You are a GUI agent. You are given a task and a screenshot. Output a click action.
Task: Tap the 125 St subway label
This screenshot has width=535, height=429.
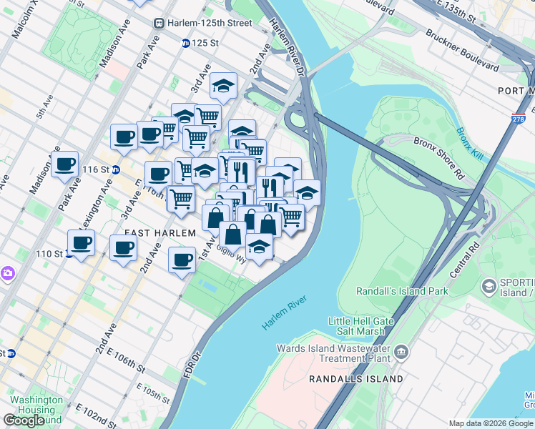click(204, 43)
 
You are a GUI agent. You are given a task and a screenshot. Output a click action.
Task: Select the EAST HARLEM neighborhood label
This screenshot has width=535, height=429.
click(160, 233)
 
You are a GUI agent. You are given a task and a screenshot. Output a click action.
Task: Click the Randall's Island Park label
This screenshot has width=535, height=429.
click(403, 291)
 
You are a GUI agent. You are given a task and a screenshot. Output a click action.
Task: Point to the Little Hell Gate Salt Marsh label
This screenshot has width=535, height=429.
click(366, 326)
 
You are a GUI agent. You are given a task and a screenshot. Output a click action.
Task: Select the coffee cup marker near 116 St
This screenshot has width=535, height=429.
click(157, 173)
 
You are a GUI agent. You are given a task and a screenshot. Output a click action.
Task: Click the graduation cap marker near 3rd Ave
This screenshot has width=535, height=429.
click(223, 87)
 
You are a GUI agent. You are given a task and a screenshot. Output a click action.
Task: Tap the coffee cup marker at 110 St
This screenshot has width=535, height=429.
click(81, 242)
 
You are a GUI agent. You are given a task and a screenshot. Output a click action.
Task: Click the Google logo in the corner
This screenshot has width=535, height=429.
click(24, 420)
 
